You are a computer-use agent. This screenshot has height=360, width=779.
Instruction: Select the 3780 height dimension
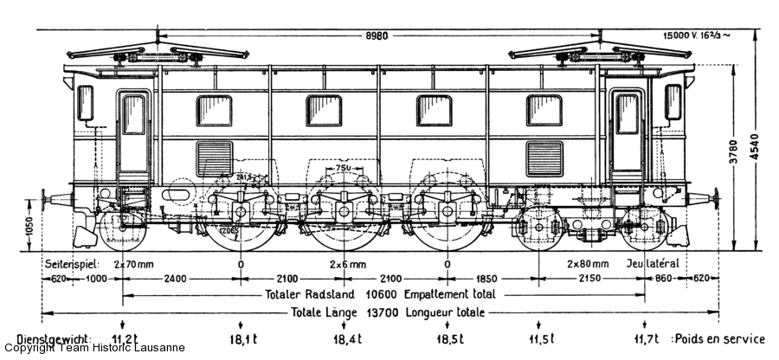coord(735,154)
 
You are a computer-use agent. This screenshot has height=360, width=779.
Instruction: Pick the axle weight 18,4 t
coord(344,338)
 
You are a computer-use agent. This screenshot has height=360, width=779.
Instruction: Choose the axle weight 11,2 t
coord(125,338)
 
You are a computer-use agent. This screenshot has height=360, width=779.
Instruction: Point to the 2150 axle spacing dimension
coord(590,279)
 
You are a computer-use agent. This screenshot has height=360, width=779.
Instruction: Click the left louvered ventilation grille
coord(214,158)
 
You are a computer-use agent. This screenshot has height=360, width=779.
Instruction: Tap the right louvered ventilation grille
coord(544,158)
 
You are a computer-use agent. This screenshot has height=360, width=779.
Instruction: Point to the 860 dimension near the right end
coord(661,279)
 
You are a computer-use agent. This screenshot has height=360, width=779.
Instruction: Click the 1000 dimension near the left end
coord(95,279)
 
